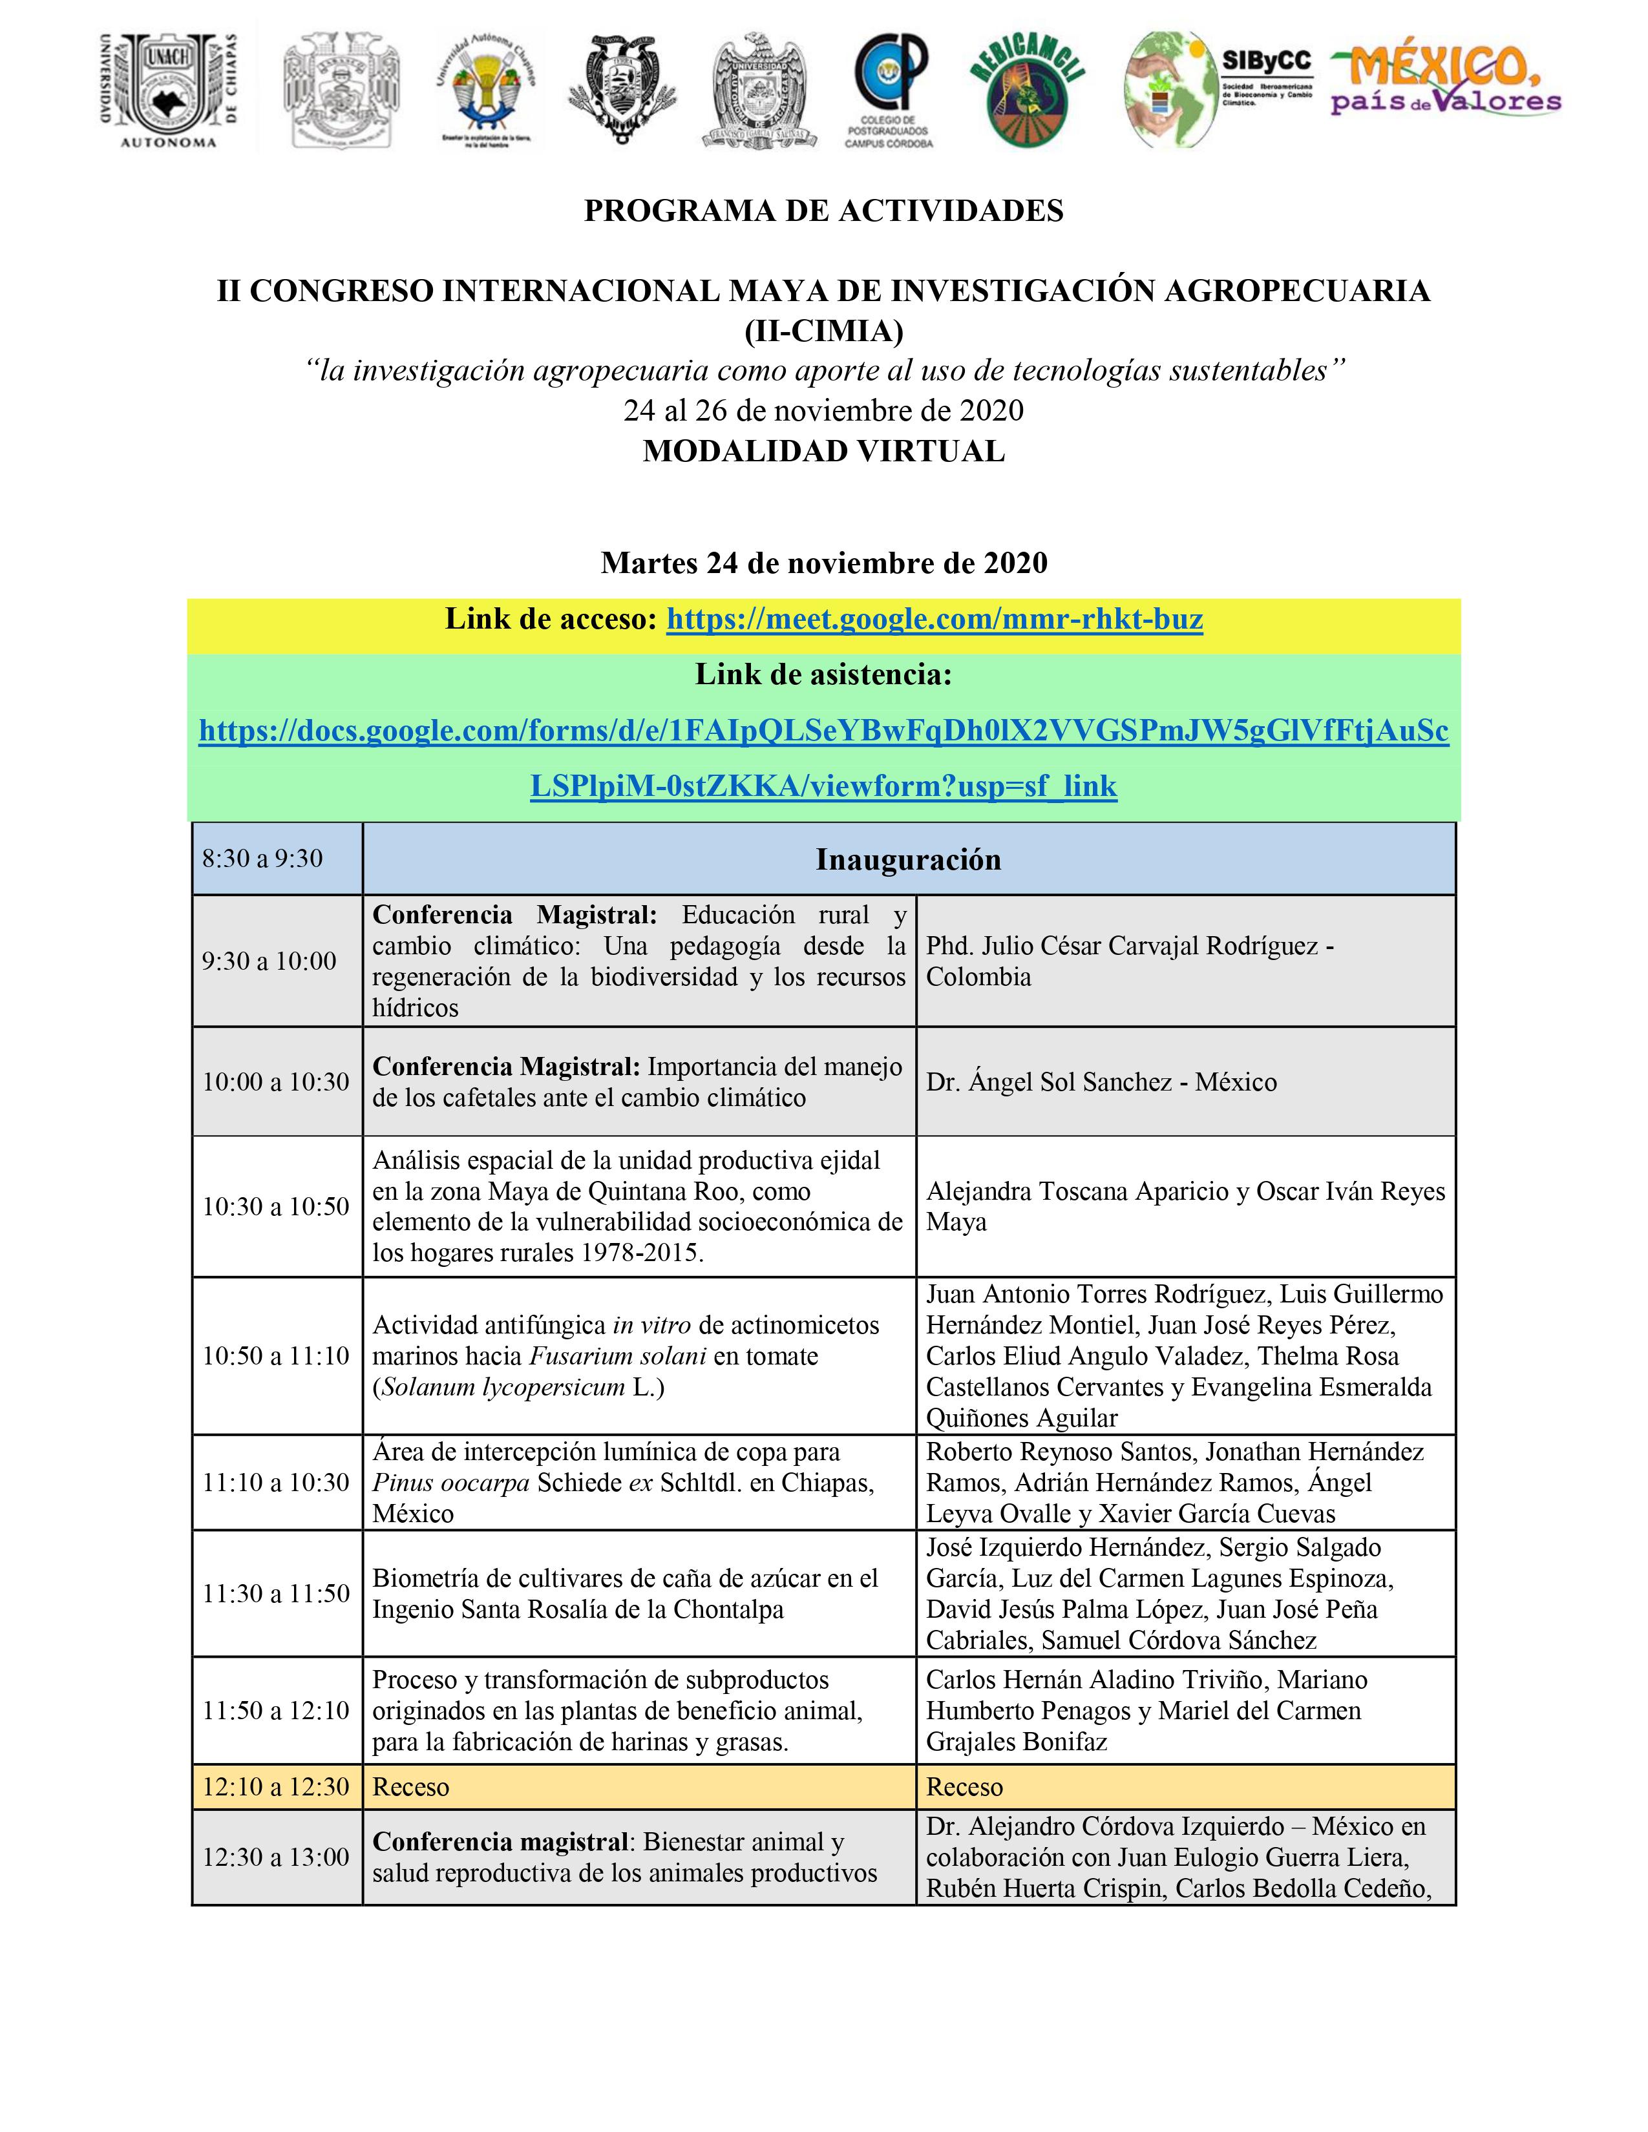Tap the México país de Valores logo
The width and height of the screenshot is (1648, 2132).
coord(1445,82)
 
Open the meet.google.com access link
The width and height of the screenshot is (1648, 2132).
coord(935,620)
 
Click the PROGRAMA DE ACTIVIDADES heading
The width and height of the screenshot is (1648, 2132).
coord(823,211)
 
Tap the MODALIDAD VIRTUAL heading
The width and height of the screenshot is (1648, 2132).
coord(823,451)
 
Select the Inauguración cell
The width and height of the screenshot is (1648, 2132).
coord(908,859)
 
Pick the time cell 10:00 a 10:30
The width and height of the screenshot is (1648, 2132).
coord(275,1082)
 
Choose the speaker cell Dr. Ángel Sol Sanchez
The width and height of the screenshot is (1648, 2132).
coord(1101,1082)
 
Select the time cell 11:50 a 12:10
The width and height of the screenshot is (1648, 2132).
coord(275,1710)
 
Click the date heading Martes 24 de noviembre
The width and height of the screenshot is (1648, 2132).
coord(823,563)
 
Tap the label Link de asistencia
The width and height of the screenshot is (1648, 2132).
coord(823,674)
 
